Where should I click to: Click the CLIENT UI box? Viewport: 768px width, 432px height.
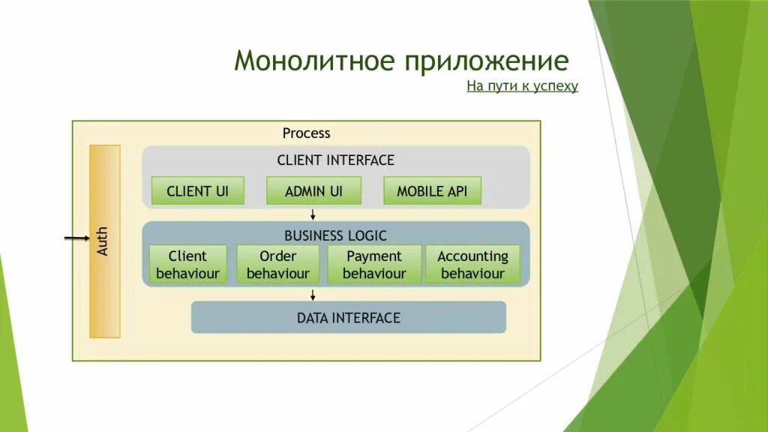click(198, 190)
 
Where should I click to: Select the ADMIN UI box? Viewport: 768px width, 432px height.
click(313, 190)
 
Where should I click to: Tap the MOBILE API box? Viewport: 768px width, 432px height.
click(432, 190)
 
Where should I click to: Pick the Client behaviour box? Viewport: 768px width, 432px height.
click(187, 264)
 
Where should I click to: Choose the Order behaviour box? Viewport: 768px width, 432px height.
click(278, 264)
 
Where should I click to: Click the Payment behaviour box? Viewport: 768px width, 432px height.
click(374, 264)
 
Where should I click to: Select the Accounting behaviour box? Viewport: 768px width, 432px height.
click(472, 264)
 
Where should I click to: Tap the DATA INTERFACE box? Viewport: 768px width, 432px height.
click(349, 317)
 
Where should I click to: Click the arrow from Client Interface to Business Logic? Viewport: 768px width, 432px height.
click(313, 214)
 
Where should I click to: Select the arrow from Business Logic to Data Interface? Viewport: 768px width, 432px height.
click(313, 293)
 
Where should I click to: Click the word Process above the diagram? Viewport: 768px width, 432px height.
click(306, 133)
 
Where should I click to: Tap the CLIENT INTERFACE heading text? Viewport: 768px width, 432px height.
click(335, 160)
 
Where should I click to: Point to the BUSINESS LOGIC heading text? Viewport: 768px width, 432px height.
click(335, 235)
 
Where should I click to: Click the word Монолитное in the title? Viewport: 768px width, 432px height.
click(314, 61)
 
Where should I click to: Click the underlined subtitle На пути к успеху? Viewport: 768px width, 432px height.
click(522, 86)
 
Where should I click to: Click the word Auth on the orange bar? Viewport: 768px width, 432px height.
click(103, 241)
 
